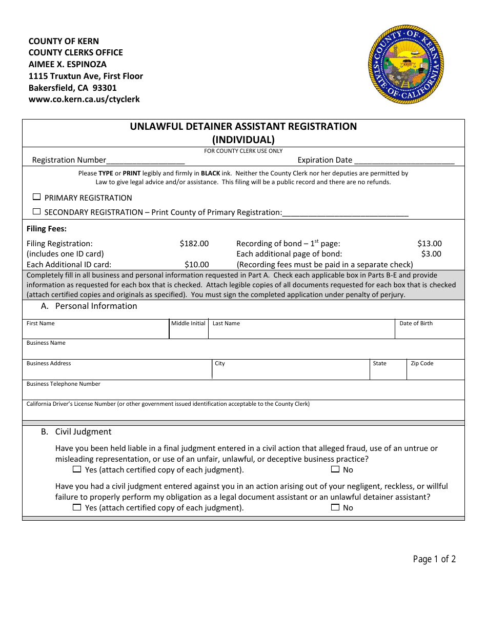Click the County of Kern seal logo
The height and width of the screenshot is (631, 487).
tap(406, 65)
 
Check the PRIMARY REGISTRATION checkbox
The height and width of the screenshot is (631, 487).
tap(36, 197)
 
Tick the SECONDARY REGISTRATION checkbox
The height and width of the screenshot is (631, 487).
tap(36, 211)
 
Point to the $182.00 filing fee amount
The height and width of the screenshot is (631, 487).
tap(194, 244)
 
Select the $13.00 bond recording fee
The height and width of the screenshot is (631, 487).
tap(429, 244)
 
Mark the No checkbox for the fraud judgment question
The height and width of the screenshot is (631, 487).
tap(335, 469)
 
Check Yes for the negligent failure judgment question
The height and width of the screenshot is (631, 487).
tap(77, 507)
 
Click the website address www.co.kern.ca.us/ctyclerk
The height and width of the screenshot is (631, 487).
tap(84, 100)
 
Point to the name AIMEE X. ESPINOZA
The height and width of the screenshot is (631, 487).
tap(67, 64)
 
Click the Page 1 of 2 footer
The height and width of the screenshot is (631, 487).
tap(434, 559)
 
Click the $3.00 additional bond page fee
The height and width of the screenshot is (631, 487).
tap(431, 254)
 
